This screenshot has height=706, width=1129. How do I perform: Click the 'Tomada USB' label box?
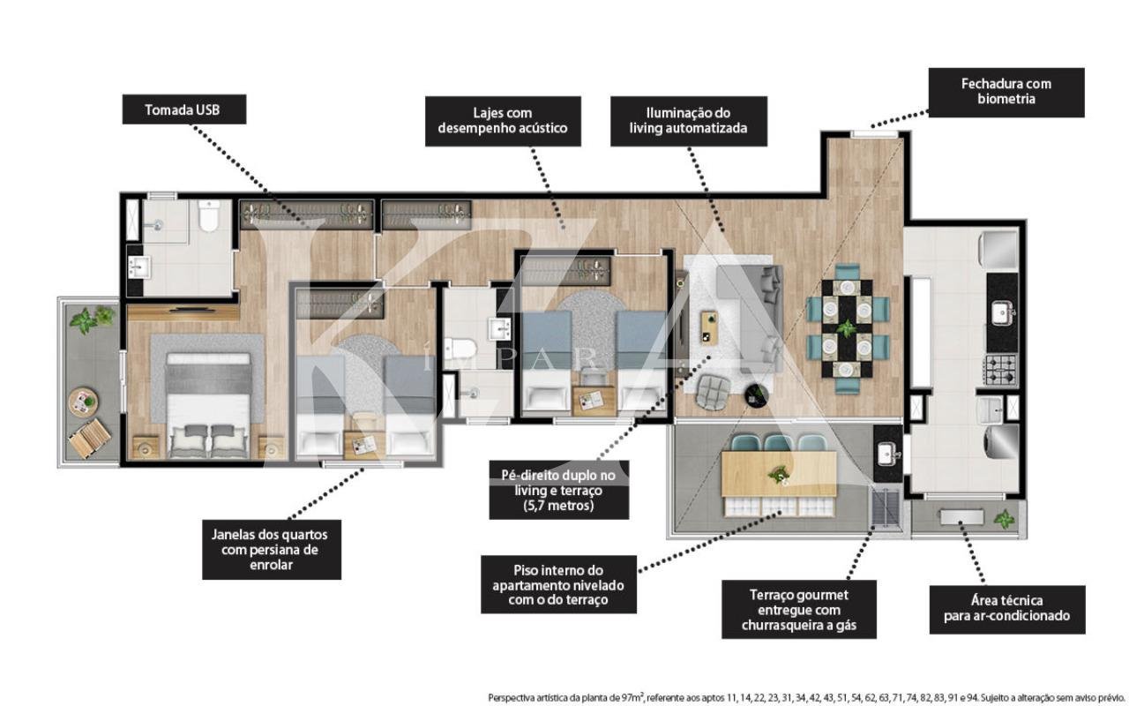(x=184, y=109)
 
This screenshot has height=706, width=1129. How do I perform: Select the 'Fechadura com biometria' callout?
(x=1006, y=93)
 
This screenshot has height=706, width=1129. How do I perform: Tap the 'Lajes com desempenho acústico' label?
(x=503, y=121)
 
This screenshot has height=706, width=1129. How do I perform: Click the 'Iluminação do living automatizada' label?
(x=689, y=121)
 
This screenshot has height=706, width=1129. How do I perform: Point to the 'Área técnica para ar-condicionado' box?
(x=1007, y=609)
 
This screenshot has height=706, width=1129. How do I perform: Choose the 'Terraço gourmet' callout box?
(x=799, y=609)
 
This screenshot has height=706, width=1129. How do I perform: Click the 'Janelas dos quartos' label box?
(x=272, y=550)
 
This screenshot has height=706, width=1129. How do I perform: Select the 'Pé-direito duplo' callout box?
(x=559, y=490)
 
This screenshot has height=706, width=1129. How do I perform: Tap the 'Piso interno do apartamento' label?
(x=558, y=584)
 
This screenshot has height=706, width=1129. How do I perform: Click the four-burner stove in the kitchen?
(x=1001, y=370)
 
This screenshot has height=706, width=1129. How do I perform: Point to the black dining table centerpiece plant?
(x=847, y=328)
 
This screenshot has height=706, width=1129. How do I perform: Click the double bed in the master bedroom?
(x=208, y=405)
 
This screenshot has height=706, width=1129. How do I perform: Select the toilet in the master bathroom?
(x=208, y=216)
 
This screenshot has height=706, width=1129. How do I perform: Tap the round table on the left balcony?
(x=83, y=402)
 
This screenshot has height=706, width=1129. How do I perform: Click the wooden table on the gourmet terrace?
(x=779, y=474)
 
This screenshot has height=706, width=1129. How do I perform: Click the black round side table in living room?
(x=757, y=394)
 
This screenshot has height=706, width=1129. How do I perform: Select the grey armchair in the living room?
(x=713, y=391)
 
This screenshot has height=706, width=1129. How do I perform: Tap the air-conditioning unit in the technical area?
(x=961, y=516)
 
